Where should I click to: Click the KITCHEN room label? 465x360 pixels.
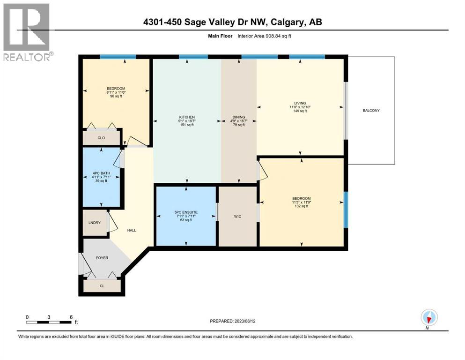187,117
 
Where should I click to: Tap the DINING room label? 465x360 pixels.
239,117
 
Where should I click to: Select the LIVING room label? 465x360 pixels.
300,103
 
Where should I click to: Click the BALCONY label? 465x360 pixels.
371,111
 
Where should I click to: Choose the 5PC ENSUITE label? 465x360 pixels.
186,212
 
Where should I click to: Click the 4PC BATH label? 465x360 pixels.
102,173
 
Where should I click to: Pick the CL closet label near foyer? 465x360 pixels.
102,285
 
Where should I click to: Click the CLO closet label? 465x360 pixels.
101,138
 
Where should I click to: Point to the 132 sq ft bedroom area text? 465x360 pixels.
301,206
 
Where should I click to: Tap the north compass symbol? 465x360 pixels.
428,318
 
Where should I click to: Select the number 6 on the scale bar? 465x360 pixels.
71,316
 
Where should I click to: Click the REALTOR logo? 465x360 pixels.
26,32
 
